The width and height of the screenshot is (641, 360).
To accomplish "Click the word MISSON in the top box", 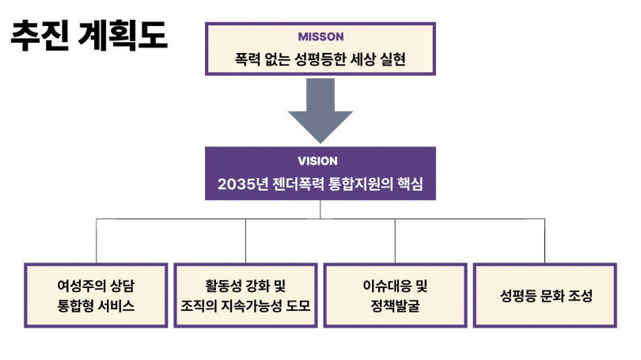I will [x=320, y=36].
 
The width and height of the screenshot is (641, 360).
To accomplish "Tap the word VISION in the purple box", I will [x=320, y=161].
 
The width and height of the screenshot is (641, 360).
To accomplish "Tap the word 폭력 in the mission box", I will [x=248, y=59].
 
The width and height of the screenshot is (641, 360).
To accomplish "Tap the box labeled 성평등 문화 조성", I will [x=545, y=294].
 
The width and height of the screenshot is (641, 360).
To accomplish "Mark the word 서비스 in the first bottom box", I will [x=118, y=305].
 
